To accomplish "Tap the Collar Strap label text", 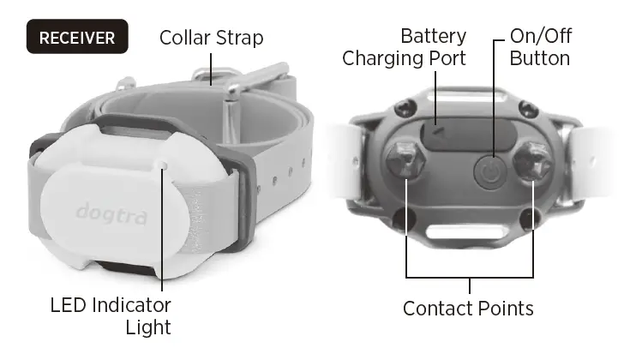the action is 212,38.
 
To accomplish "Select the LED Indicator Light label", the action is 111,315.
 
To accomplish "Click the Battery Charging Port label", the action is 404,48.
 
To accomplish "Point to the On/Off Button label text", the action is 540,48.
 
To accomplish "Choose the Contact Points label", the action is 468,308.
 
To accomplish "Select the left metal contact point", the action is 404,164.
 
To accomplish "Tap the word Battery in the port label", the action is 434,37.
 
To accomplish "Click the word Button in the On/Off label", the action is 540,58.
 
